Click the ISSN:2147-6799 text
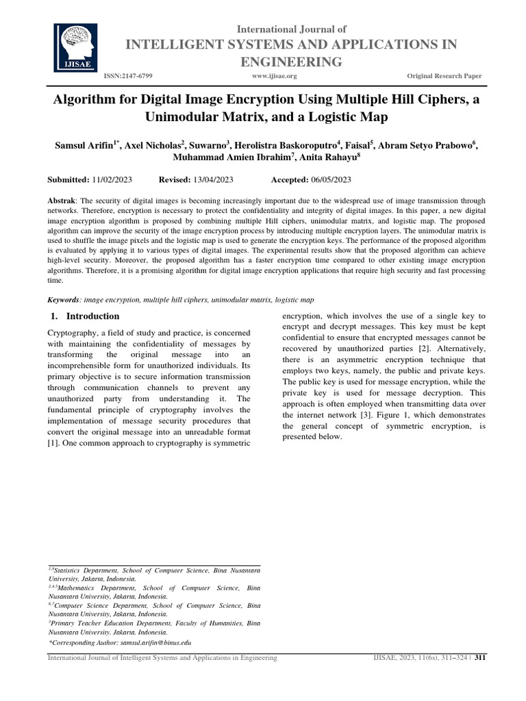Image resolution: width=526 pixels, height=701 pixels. pos(128,76)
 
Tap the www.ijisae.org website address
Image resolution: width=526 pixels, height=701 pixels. pos(275,76)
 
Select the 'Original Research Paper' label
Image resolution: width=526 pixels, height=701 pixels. pos(444,76)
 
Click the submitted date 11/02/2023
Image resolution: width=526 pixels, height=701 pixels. pos(112,179)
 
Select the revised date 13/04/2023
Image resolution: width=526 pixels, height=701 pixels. pos(213,179)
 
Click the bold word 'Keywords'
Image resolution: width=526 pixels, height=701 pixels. pos(62,300)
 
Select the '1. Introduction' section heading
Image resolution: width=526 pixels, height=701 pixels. pos(86,316)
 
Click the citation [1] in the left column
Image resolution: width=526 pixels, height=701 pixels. pos(51,443)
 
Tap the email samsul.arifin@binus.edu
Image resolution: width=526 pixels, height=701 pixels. pos(155,643)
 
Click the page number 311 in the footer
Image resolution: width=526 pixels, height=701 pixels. pos(479,658)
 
